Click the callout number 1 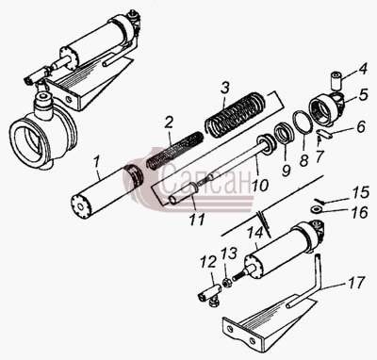[97, 163]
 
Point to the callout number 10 [259, 185]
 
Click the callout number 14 [254, 233]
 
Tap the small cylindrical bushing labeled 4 [336, 81]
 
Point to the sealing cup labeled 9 [285, 134]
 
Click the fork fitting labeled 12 [208, 295]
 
